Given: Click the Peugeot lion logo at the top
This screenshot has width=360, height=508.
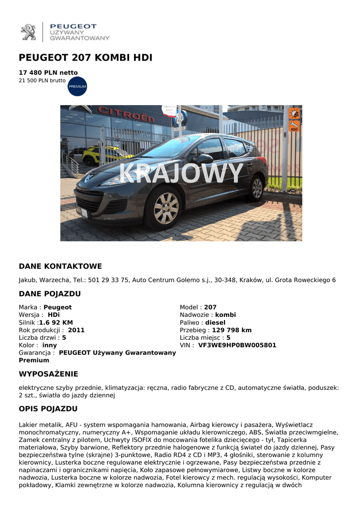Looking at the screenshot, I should pos(28,32).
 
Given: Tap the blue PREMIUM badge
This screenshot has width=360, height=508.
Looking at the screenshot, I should pos(77,86).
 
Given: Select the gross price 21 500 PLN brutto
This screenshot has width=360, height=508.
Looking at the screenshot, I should pos(42,80).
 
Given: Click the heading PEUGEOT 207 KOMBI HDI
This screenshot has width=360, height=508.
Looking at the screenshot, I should pos(85,58).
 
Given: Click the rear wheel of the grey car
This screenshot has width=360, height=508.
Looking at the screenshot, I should pos(257,188).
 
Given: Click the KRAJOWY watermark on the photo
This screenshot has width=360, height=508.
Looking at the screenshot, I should pos(182,174).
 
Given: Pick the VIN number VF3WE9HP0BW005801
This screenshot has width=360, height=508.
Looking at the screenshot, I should pos(237,345).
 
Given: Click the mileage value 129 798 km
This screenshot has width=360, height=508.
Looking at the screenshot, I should pos(231,330).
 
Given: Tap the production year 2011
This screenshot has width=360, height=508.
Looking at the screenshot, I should pos(76,330).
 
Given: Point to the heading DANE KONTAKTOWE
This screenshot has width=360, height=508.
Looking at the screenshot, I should pos(60,266).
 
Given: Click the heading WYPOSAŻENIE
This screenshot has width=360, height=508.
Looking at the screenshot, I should pos(48,374).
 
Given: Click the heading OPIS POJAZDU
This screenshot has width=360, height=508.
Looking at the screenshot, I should pos(48,409).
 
